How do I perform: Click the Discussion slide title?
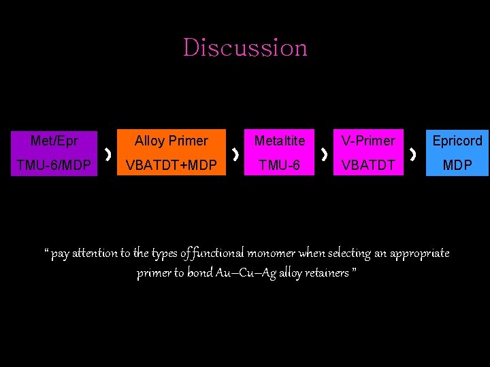click(x=245, y=48)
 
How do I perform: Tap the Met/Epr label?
click(x=54, y=141)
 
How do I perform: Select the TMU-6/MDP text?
click(x=54, y=165)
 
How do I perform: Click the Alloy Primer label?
click(x=171, y=141)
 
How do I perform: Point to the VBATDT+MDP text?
click(x=171, y=165)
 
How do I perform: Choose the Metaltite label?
click(x=280, y=141)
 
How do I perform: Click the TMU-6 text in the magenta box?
click(x=280, y=165)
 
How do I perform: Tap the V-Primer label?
click(x=368, y=141)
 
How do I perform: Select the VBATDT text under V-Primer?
click(x=368, y=165)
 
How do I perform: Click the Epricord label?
click(x=457, y=141)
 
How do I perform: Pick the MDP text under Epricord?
click(x=457, y=165)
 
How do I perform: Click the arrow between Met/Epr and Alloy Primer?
click(x=108, y=155)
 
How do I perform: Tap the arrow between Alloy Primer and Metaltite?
click(x=235, y=155)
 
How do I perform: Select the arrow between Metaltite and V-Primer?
click(x=324, y=155)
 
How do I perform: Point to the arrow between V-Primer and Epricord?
click(x=413, y=155)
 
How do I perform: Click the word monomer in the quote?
click(x=270, y=254)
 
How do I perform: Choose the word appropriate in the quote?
click(x=420, y=254)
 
